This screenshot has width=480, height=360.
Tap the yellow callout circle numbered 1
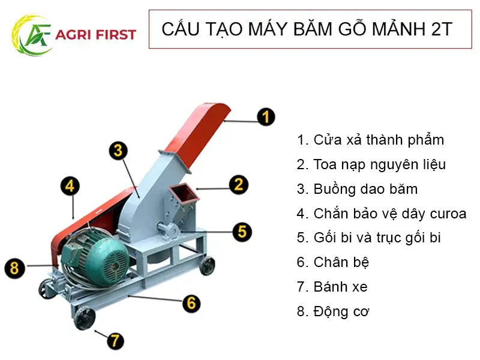click(x=266, y=116)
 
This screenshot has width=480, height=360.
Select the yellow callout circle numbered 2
click(x=238, y=184)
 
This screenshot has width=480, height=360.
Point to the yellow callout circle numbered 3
click(x=119, y=150)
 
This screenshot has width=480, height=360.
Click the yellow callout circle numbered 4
click(x=70, y=186)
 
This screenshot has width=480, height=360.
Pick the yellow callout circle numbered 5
click(x=242, y=231)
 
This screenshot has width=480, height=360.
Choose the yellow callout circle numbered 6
click(x=191, y=302)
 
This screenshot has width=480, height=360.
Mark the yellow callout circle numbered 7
click(x=115, y=341)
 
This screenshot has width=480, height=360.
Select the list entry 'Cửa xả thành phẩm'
click(x=371, y=140)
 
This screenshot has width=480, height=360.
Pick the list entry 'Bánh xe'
click(x=332, y=287)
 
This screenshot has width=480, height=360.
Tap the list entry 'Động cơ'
click(x=334, y=311)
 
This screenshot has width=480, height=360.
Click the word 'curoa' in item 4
click(x=448, y=214)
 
